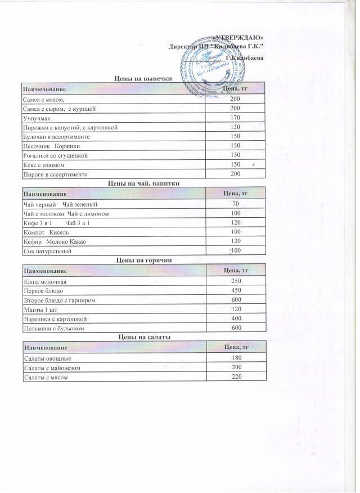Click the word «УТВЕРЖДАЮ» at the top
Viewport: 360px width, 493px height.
click(x=239, y=38)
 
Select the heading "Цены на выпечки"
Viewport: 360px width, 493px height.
click(x=143, y=79)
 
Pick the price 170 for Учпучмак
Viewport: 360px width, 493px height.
click(x=235, y=118)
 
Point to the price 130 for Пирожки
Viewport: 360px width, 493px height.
click(x=235, y=127)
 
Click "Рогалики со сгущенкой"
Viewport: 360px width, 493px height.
click(x=55, y=155)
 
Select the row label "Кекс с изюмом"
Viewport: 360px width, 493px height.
click(x=47, y=164)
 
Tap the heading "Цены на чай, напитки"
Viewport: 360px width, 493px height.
click(x=143, y=183)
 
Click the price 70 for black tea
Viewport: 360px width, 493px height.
click(x=236, y=203)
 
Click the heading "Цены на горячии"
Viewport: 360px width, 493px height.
click(x=143, y=261)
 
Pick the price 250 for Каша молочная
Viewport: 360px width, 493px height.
click(x=236, y=281)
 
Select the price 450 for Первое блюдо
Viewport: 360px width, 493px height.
click(x=236, y=290)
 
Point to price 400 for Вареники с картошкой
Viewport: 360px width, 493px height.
click(x=236, y=319)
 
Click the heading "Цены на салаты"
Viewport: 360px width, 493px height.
click(x=143, y=337)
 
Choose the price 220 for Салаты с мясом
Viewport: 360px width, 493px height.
click(x=236, y=377)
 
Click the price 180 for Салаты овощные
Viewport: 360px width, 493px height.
click(x=236, y=358)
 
